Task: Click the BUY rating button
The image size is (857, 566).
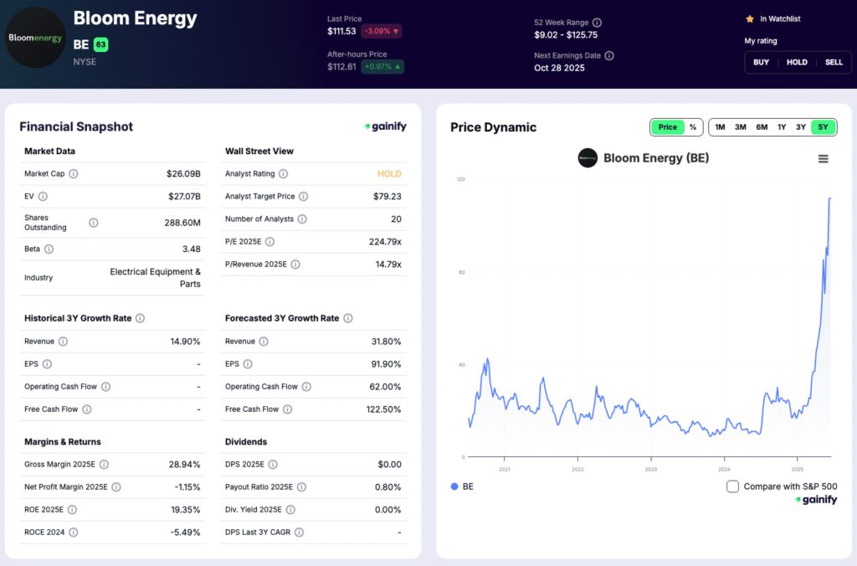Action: pos(761,62)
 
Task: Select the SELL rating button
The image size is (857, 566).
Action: pos(834,62)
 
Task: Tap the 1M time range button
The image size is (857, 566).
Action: pos(720,127)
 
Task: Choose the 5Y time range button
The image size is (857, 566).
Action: pos(823,127)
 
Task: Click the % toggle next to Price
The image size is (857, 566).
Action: pos(693,127)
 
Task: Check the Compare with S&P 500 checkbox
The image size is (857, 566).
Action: pos(732,486)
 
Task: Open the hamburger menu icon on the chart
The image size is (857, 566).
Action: pos(823,159)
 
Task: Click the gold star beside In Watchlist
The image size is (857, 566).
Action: pos(749,18)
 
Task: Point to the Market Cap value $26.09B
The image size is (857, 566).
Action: pos(183,174)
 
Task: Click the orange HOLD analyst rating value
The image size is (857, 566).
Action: pos(389,174)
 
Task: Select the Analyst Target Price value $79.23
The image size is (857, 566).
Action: pos(387,197)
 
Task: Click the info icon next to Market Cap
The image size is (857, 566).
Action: pos(74,174)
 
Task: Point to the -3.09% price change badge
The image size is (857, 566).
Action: pos(381,31)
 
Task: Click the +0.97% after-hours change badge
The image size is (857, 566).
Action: pos(382,67)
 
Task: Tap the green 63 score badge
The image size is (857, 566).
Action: pos(100,44)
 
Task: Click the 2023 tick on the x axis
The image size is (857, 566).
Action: pos(650,470)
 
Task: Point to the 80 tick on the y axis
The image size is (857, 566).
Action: pos(461,272)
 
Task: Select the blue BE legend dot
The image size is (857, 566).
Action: pos(454,486)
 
